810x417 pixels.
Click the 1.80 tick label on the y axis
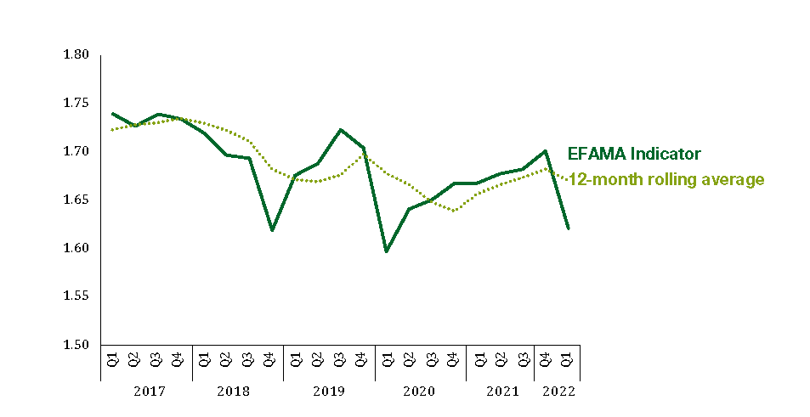(76, 55)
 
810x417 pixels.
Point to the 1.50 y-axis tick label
(76, 346)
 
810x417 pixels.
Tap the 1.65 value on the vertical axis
(76, 200)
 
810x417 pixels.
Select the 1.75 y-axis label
(76, 104)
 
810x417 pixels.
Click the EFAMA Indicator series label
(634, 154)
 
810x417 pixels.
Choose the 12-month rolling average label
(666, 179)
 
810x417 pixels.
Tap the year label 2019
(329, 392)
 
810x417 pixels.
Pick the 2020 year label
(420, 392)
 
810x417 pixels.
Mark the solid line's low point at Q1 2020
(387, 251)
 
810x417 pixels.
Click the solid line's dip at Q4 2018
(272, 230)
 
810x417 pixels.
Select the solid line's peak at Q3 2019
(340, 130)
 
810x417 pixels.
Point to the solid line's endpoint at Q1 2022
(568, 228)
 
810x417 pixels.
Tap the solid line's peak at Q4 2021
(545, 151)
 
